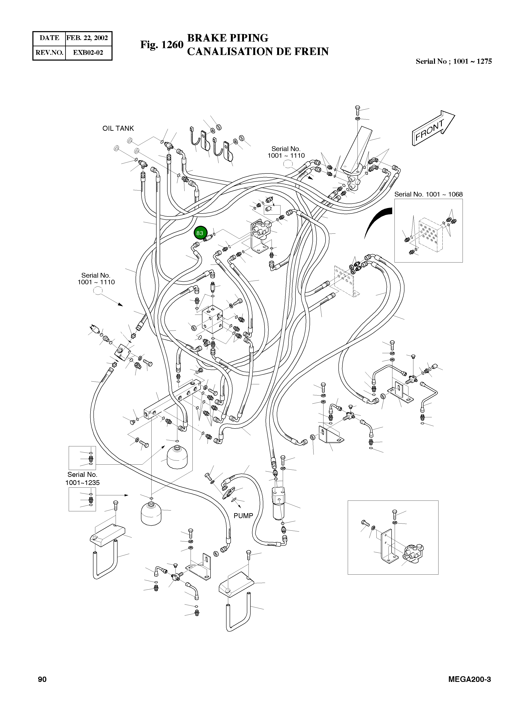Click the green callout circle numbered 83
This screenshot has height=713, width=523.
tap(200, 233)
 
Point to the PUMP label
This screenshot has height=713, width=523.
tap(243, 516)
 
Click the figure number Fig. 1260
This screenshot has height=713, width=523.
tap(162, 45)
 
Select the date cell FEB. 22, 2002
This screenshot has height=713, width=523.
tap(87, 38)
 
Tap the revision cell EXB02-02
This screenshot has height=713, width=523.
tap(88, 52)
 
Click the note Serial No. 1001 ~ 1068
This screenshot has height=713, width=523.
tap(428, 194)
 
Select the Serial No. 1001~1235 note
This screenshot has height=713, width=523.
tap(82, 479)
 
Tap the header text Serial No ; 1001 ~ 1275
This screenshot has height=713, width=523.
tap(453, 61)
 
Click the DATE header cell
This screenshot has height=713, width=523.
tap(49, 38)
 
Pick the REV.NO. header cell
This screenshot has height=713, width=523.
tap(49, 52)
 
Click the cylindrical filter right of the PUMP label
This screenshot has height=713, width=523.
tap(279, 503)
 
